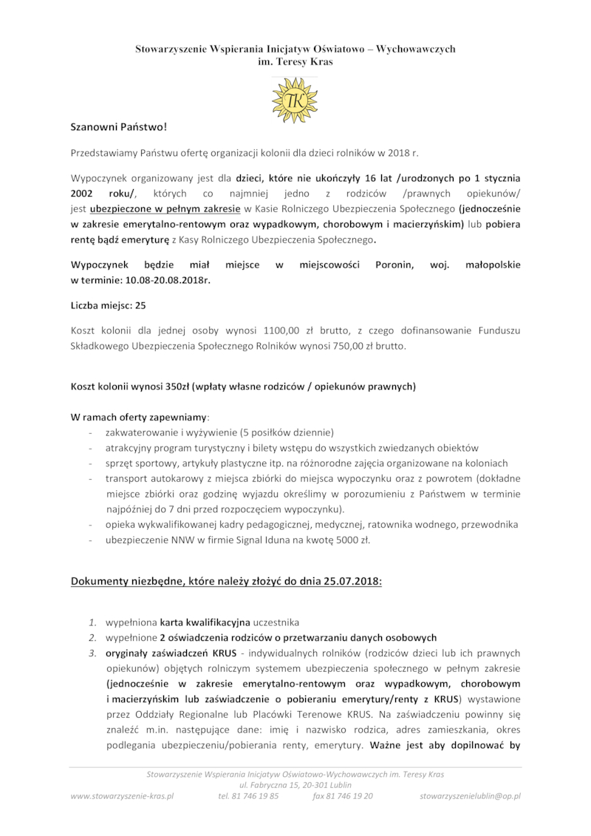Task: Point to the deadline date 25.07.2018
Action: (351, 580)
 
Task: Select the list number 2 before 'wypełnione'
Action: (92, 637)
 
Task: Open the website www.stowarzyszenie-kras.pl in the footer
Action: (122, 796)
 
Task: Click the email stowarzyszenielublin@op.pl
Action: (470, 796)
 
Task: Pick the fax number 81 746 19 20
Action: (342, 796)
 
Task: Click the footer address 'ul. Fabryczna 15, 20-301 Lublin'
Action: (295, 785)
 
